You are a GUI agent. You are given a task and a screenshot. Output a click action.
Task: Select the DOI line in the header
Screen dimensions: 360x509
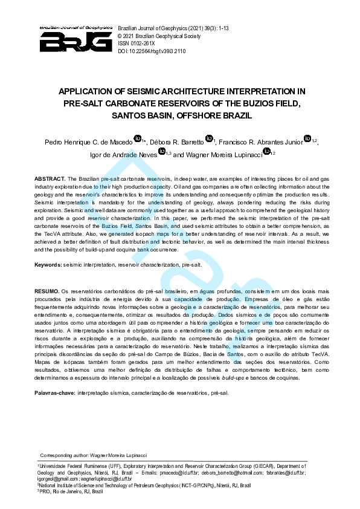pos(152,51)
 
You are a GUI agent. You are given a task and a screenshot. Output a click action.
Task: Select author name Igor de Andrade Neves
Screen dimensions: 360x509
pos(122,154)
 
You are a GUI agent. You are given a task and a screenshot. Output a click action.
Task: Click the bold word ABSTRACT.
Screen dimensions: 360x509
pos(50,179)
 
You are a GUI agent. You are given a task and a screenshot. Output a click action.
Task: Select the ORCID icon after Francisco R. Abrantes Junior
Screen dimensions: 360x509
pos(307,140)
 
